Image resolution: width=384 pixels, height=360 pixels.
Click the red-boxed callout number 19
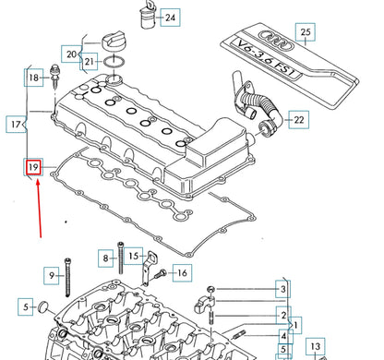(x=34, y=167)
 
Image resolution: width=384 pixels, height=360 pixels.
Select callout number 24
(x=170, y=17)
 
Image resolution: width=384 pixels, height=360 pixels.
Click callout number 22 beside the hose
(x=297, y=120)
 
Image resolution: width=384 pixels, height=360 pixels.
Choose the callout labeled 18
(x=34, y=78)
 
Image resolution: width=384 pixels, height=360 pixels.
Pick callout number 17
(x=16, y=123)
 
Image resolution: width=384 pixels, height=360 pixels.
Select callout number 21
(x=89, y=62)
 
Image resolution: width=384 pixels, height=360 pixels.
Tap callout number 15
(x=132, y=256)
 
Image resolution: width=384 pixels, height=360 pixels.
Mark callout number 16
(x=180, y=272)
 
